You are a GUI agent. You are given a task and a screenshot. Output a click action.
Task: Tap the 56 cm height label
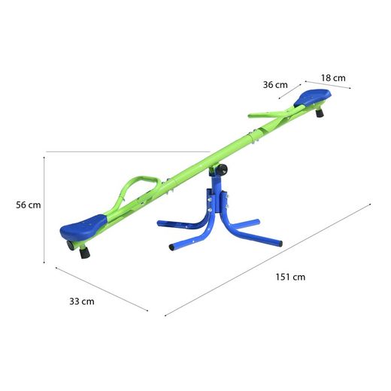(29, 205)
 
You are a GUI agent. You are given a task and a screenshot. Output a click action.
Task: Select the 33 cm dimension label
(82, 302)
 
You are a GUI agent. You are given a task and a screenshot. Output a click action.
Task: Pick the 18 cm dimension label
(333, 78)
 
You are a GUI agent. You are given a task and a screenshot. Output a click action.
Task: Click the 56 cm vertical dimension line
(45, 207)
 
